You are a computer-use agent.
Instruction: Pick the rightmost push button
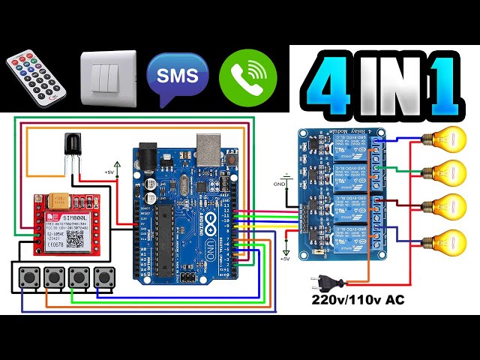point(102,277)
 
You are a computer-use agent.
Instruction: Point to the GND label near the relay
point(279,182)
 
